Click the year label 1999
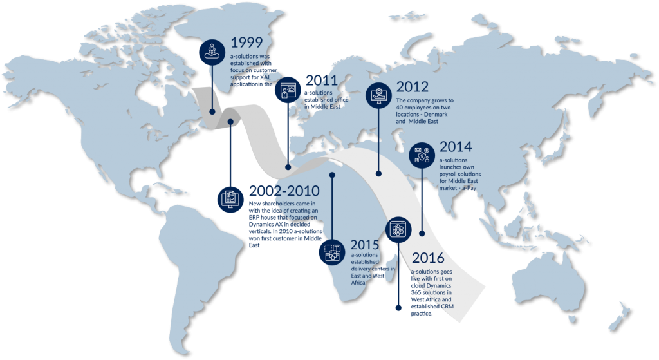pos(246,43)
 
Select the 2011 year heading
pos(322,81)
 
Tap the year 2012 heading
pos(413,87)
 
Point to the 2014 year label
pos(456,147)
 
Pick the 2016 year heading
pos(428,259)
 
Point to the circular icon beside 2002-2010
pos(230,197)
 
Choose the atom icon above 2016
pos(398,228)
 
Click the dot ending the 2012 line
pos(378,173)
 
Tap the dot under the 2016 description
pos(398,308)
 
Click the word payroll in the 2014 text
pos(451,174)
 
